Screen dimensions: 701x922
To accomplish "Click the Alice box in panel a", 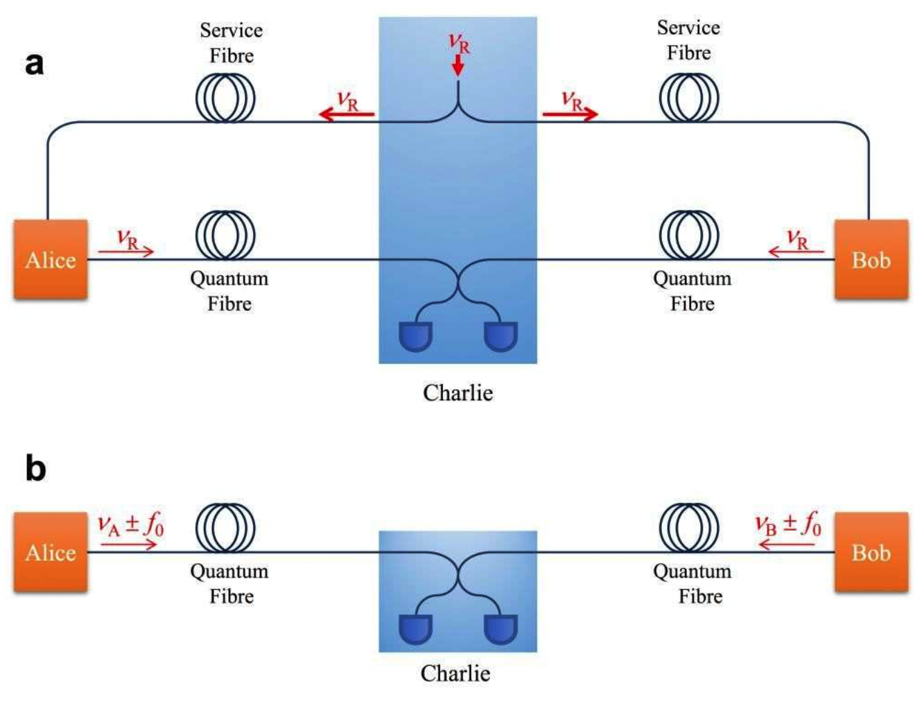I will click(x=51, y=260).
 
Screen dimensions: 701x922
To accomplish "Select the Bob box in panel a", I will click(x=871, y=260).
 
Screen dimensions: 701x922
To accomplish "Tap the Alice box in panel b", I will click(x=51, y=552).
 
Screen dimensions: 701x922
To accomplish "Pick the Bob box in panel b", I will click(x=871, y=552).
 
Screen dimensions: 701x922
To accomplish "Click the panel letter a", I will click(x=34, y=63).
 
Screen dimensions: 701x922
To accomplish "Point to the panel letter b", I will click(x=35, y=468).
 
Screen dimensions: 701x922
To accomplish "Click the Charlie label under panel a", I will click(x=458, y=393).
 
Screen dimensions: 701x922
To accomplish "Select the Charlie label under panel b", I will click(x=455, y=673).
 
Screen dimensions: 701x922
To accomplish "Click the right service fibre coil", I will click(x=689, y=98).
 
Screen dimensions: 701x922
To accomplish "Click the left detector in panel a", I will click(x=416, y=336).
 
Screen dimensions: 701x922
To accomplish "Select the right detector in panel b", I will click(x=501, y=629).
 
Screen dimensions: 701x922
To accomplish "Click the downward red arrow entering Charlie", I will click(x=458, y=66).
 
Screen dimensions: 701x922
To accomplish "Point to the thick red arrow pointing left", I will click(x=347, y=114).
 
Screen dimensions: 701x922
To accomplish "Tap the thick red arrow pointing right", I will click(x=570, y=114).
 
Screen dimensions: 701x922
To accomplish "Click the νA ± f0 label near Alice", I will click(x=130, y=524).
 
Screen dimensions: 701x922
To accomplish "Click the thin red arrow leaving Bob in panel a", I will click(x=796, y=251).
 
